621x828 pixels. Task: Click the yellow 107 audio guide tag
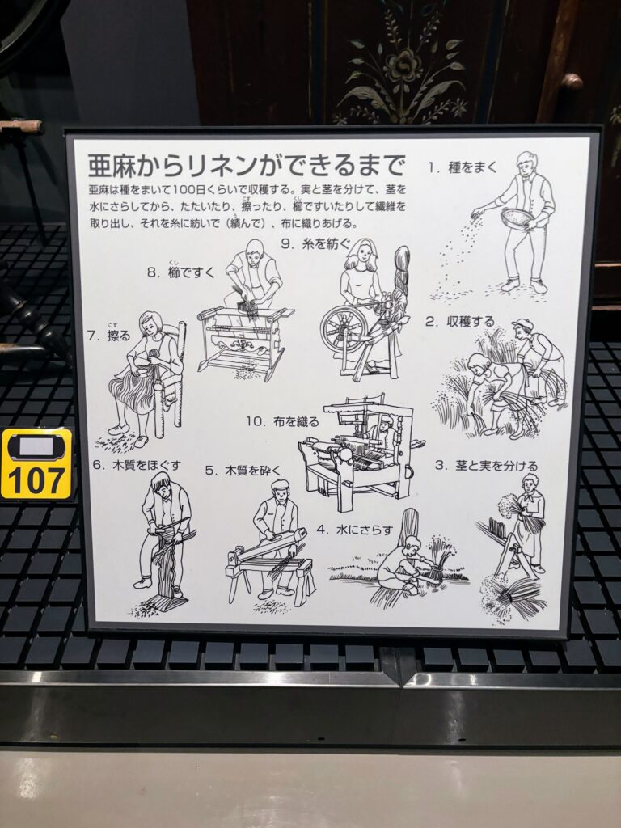pos(36,463)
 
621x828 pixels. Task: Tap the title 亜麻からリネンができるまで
pos(246,165)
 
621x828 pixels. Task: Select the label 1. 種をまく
pos(463,167)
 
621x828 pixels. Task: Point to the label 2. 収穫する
pos(460,321)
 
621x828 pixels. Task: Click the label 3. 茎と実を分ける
pos(486,465)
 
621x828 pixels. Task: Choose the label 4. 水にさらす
pos(356,529)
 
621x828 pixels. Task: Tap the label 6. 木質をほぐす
pos(137,465)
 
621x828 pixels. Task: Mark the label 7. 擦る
pos(109,333)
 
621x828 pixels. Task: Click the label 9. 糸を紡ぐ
pos(315,243)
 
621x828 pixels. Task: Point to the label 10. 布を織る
pos(282,421)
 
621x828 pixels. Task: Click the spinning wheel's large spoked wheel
pos(343,329)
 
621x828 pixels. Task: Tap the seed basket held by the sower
pos(517,218)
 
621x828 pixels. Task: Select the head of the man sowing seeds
pos(526,163)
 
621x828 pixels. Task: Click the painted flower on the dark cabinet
pos(403,66)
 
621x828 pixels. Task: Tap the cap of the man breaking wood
pos(280,484)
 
